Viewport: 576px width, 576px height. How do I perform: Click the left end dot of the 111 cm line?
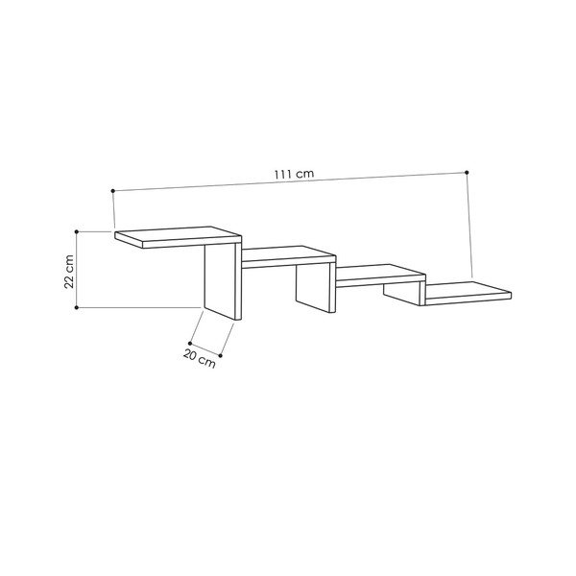tap(112, 189)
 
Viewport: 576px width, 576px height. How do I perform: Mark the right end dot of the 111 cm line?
tap(468, 173)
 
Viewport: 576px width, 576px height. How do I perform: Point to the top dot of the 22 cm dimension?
tap(78, 230)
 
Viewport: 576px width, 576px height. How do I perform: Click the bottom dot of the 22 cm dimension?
tap(78, 307)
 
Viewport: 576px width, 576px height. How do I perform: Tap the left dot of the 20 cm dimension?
tap(191, 342)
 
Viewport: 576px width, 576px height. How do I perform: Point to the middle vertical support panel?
tap(313, 287)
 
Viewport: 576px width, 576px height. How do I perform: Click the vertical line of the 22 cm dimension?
tap(78, 269)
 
